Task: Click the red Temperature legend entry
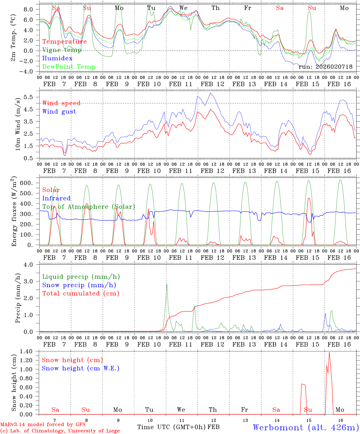[65, 42]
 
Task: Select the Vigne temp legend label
[62, 50]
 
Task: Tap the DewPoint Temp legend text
[69, 67]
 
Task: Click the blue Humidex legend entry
[58, 58]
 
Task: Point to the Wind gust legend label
[59, 112]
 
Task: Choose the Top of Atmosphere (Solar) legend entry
[89, 207]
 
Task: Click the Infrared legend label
[56, 198]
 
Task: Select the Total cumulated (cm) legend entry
[81, 293]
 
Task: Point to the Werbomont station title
[306, 427]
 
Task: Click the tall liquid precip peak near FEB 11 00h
[167, 284]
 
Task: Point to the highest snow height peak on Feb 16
[329, 352]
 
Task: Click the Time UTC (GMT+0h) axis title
[172, 427]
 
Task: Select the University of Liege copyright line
[60, 431]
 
